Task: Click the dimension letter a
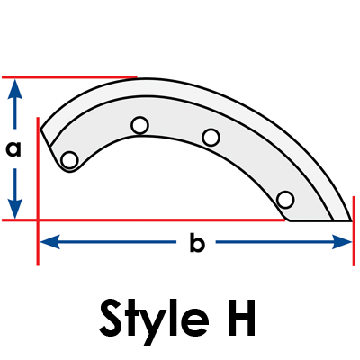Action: tap(13, 149)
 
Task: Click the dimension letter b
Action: tap(197, 241)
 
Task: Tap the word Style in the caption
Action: tap(154, 319)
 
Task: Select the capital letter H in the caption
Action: tap(240, 318)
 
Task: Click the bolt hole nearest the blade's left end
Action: tap(69, 160)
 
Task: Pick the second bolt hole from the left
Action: tap(139, 125)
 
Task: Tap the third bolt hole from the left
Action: tap(211, 138)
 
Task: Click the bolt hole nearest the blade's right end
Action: tap(285, 200)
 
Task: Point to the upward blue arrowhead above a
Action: tap(14, 89)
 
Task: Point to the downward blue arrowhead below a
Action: tap(14, 209)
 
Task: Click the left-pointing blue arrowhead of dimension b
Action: tap(50, 242)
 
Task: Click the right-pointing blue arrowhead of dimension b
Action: tap(341, 242)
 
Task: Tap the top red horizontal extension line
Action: tap(69, 77)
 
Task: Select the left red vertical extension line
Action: tap(38, 191)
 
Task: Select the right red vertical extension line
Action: tap(354, 230)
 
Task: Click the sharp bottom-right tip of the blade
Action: tap(351, 220)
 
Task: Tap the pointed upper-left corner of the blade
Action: tap(40, 130)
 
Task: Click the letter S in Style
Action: tap(113, 318)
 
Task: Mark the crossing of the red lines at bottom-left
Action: tap(38, 220)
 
